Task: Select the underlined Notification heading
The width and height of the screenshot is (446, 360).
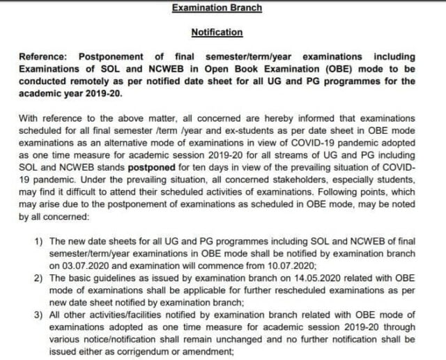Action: coord(217,32)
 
